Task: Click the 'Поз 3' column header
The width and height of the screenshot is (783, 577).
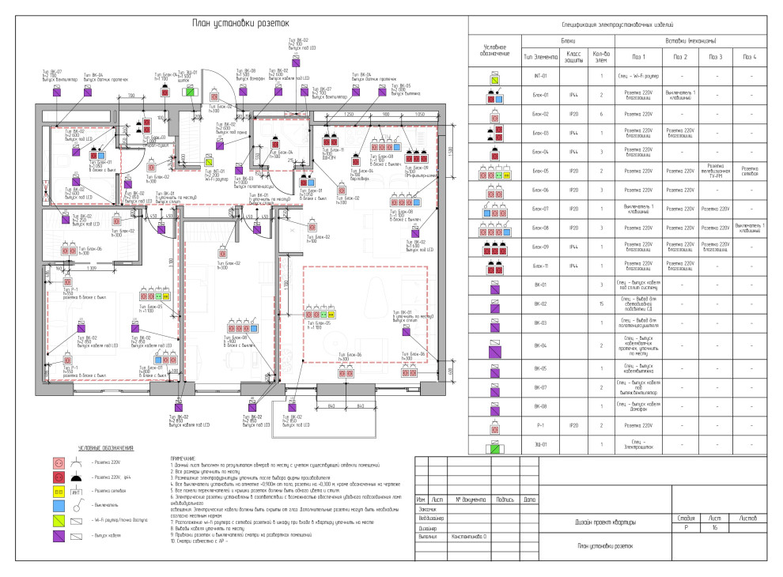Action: (715, 56)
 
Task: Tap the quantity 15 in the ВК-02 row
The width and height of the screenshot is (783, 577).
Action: (603, 304)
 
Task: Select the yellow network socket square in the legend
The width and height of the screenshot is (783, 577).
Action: (58, 492)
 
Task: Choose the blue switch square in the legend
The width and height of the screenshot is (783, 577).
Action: (58, 506)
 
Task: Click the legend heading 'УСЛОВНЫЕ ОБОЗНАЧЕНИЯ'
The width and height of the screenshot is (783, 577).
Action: (105, 449)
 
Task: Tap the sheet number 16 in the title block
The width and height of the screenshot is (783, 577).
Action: (714, 526)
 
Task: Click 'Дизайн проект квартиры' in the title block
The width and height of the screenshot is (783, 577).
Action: (604, 523)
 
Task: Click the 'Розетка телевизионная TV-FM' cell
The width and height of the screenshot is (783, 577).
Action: (715, 172)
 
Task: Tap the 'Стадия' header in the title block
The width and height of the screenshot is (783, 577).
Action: (687, 518)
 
